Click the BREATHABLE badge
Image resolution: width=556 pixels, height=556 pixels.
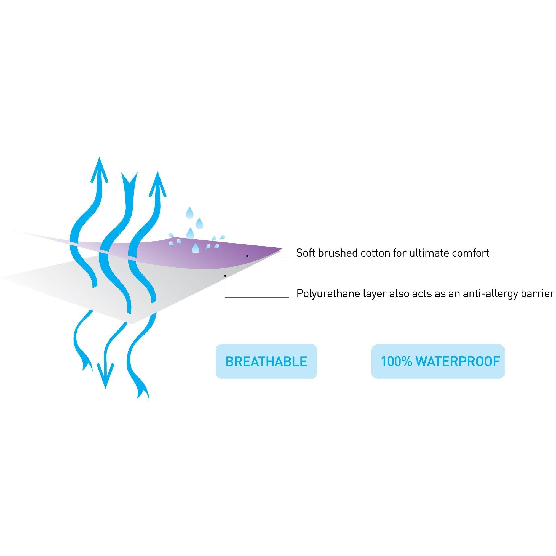266,362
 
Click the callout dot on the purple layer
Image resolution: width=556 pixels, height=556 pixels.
247,256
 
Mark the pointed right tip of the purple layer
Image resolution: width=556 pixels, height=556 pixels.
282,247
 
